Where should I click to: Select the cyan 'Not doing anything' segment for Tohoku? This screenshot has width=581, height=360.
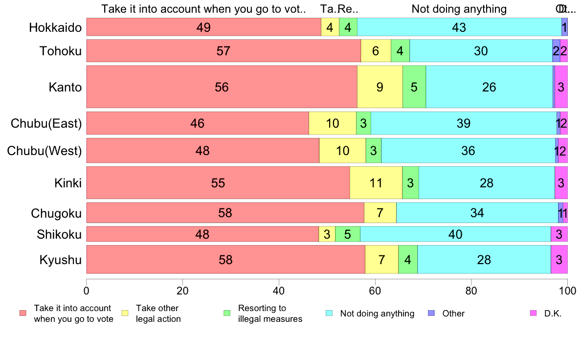[481, 51]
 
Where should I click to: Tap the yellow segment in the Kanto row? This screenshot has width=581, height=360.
[380, 87]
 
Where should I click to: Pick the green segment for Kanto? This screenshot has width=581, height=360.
[414, 87]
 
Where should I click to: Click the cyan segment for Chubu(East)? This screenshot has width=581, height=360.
[463, 123]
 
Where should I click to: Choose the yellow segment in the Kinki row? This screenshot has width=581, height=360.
[376, 182]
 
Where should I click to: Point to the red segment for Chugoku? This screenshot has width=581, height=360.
[225, 213]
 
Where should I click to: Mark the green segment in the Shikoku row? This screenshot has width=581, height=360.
[347, 234]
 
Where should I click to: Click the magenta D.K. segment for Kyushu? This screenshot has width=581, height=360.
[559, 259]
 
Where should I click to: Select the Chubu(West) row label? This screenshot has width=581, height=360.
[45, 151]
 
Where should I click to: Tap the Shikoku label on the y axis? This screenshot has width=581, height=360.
[59, 235]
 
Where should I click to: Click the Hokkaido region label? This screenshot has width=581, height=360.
[55, 27]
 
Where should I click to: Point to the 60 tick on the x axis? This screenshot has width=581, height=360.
[375, 290]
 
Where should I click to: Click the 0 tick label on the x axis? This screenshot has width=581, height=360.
[87, 290]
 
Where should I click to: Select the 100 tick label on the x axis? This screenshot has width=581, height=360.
[567, 290]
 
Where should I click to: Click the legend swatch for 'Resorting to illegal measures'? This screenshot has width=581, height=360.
[226, 313]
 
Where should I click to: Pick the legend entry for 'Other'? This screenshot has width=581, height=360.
[453, 314]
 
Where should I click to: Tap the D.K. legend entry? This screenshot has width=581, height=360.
[552, 314]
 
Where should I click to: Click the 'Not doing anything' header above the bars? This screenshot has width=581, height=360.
[459, 9]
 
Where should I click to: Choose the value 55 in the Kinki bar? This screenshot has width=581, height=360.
[218, 183]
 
